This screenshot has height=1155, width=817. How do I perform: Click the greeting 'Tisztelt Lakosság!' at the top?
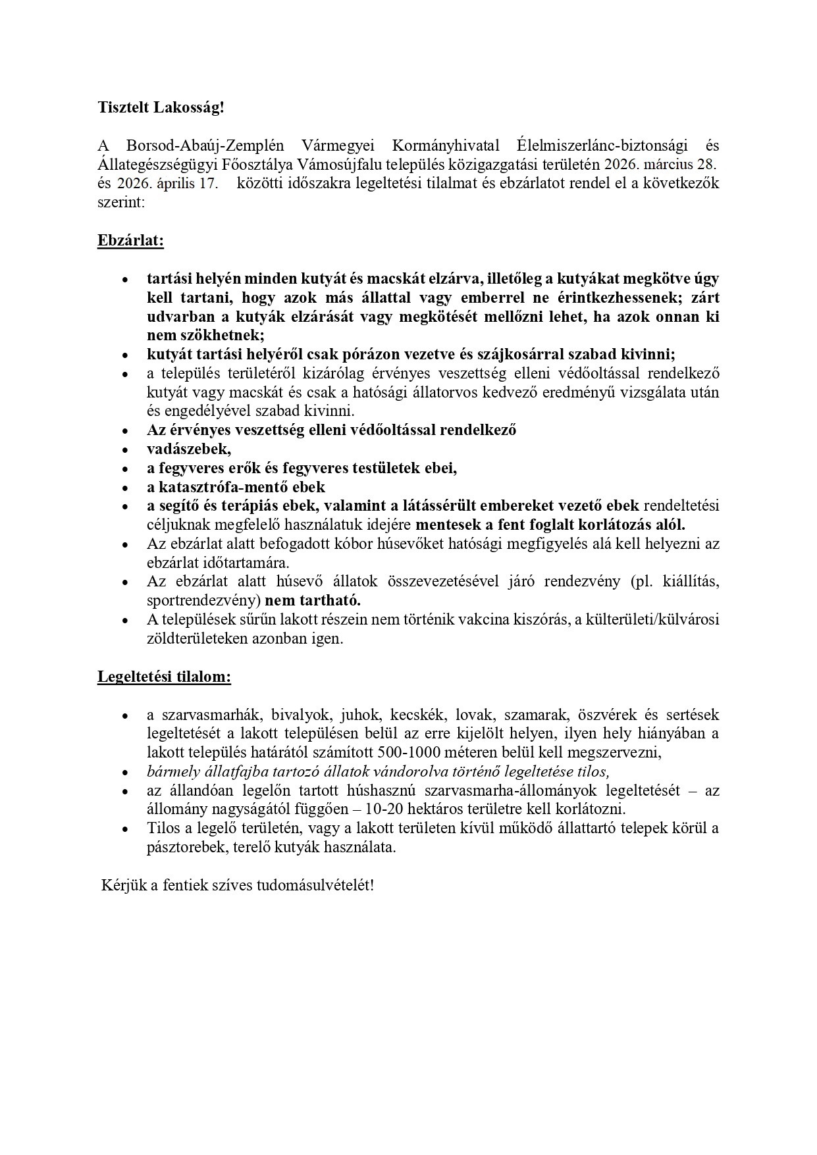[161, 107]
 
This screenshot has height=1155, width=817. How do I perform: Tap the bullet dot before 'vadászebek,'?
[125, 450]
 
